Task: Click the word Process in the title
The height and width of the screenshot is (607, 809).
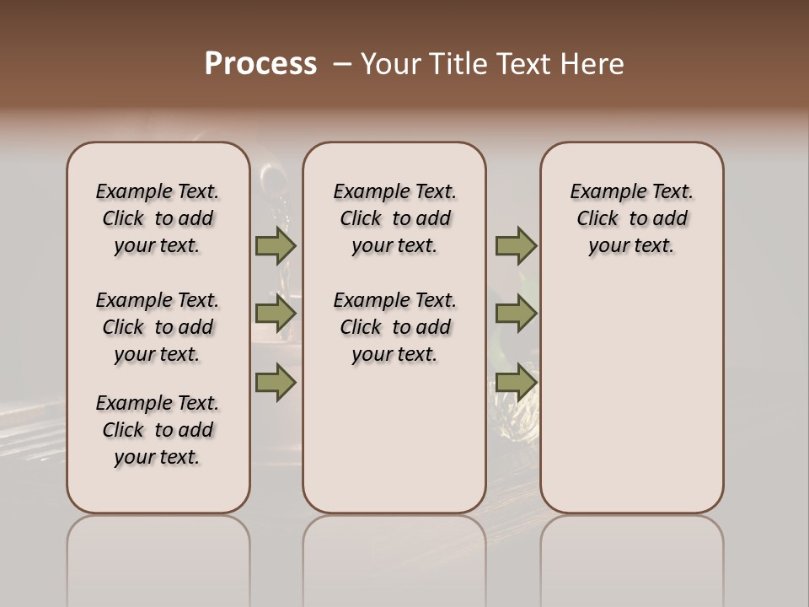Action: (260, 64)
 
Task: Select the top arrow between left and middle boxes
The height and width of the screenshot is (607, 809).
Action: (275, 245)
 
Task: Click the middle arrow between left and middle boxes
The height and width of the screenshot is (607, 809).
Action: (275, 314)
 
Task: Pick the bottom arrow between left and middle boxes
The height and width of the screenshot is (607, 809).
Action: (275, 383)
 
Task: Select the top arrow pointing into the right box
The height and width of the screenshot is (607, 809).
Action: (516, 245)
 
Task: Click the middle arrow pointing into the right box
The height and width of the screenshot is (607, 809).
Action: (516, 314)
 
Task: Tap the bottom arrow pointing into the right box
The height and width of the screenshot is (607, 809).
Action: (516, 383)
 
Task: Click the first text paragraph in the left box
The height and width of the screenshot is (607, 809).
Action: (158, 218)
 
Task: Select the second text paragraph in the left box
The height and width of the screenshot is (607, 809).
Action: (158, 327)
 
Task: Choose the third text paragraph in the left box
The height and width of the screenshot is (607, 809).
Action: (158, 430)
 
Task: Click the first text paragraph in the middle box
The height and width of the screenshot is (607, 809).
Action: (394, 218)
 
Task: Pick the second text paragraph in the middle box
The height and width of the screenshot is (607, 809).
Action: (394, 327)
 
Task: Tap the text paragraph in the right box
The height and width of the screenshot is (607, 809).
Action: (632, 218)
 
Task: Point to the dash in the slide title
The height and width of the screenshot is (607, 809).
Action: (342, 64)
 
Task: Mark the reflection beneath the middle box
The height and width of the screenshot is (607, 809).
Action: (394, 556)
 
